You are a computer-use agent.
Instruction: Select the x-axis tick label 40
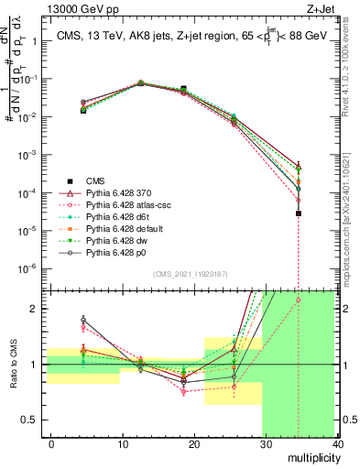[337, 443]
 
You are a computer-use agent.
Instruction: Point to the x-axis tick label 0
[51, 443]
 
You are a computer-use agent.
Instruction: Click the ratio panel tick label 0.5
[33, 420]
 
